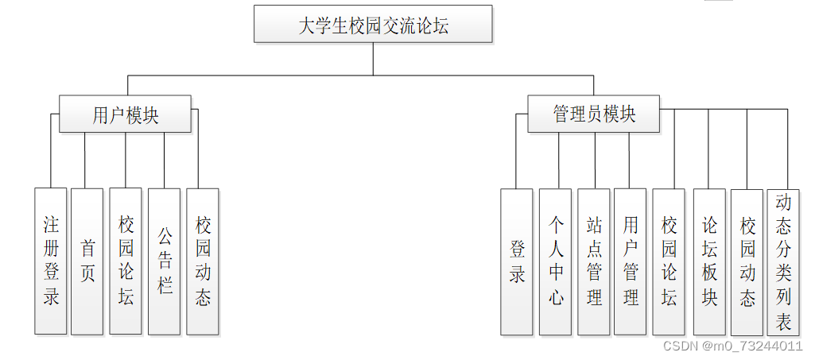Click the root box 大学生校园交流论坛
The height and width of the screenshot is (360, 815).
[373, 25]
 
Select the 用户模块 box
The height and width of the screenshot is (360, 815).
[125, 114]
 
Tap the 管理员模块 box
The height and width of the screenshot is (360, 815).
[594, 114]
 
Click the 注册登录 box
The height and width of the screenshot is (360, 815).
[51, 261]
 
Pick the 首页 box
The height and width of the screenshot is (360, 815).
[87, 261]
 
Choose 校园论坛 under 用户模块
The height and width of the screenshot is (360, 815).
[126, 261]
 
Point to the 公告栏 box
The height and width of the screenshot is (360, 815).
[165, 261]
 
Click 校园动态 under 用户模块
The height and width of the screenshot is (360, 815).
[203, 261]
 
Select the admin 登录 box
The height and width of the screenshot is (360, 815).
[517, 261]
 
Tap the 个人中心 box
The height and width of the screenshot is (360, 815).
[556, 261]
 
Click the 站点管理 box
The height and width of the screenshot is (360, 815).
[594, 261]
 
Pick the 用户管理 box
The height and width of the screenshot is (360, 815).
[631, 261]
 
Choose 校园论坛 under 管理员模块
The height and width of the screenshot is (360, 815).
[669, 261]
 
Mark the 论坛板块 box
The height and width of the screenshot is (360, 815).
[709, 261]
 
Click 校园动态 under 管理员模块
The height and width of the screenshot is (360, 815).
[747, 261]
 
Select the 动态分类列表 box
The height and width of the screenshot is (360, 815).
[783, 261]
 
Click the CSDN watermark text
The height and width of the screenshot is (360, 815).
[732, 346]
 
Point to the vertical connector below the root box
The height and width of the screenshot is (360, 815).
[373, 59]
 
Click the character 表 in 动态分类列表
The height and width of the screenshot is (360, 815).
[783, 323]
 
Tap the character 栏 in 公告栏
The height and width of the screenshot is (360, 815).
[165, 285]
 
